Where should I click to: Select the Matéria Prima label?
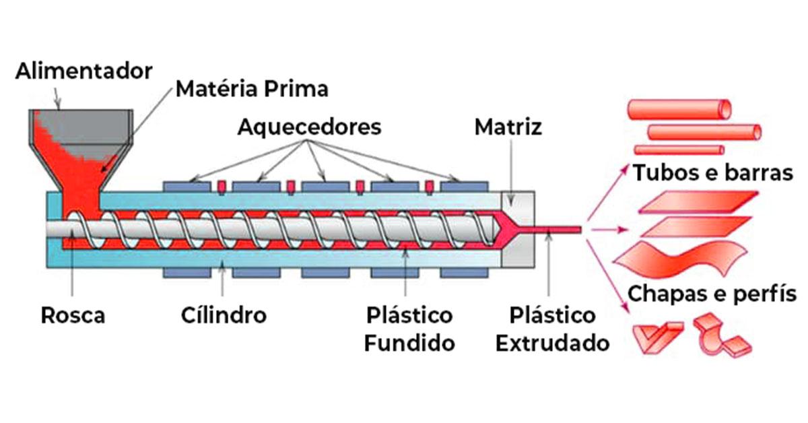[252, 88]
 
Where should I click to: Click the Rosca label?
[73, 315]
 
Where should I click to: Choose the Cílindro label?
[224, 315]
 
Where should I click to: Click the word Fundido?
[409, 343]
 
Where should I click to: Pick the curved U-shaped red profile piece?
[719, 335]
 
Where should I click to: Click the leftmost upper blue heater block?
[190, 186]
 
